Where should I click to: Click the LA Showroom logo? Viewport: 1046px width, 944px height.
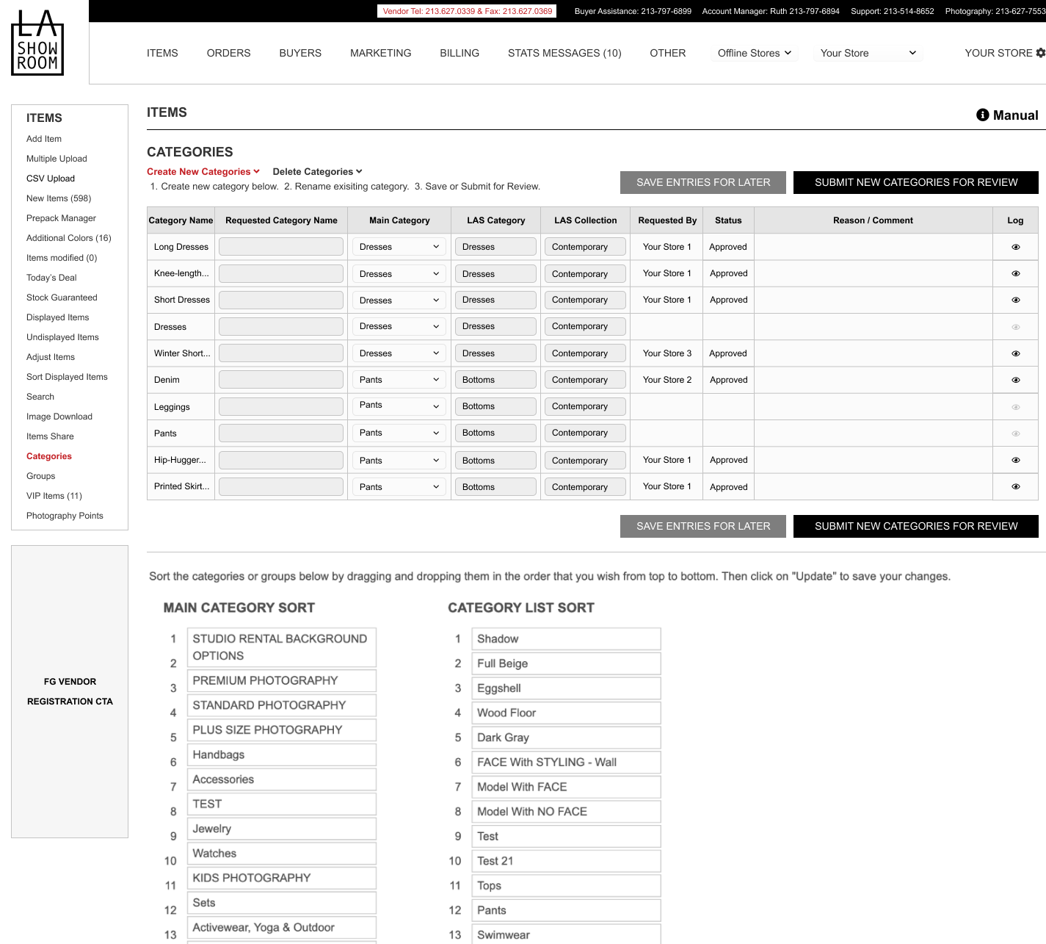tap(37, 43)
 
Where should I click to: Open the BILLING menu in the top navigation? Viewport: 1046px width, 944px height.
tap(460, 53)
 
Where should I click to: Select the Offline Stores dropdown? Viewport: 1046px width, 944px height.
tap(754, 53)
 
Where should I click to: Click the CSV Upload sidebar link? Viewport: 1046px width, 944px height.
tap(51, 179)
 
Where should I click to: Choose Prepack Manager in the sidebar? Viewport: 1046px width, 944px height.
tap(61, 218)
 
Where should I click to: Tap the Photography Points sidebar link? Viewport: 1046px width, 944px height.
tap(65, 516)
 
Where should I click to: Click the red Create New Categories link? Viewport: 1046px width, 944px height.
tap(203, 172)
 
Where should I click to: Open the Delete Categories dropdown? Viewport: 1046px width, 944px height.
tap(317, 172)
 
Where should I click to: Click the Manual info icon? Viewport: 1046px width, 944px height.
tap(983, 115)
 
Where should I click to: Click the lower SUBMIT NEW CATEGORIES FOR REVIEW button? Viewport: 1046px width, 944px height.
tap(915, 526)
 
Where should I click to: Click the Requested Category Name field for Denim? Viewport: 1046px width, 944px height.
tap(281, 380)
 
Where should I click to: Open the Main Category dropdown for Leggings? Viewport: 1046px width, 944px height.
tap(399, 406)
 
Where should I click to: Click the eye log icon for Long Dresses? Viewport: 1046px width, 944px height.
tap(1016, 247)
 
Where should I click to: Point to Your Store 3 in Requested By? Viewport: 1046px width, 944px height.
tap(667, 353)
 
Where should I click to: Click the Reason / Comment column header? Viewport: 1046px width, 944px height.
tap(873, 220)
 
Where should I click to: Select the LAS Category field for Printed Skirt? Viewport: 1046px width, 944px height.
tap(495, 487)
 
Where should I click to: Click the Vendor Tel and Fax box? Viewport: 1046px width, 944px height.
tap(467, 11)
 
